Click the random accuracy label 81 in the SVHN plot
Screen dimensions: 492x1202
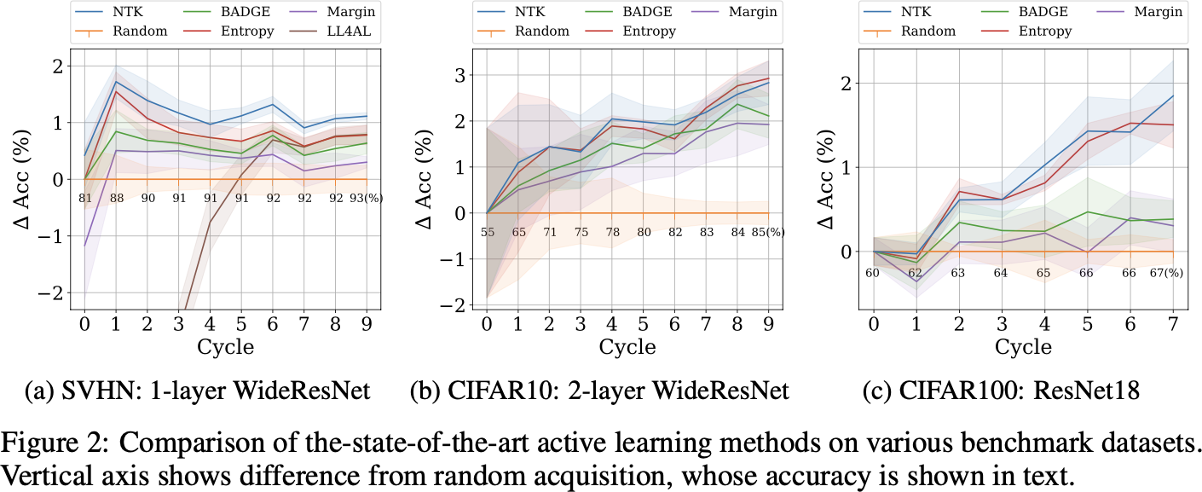pos(85,199)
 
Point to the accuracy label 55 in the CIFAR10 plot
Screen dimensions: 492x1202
pos(488,232)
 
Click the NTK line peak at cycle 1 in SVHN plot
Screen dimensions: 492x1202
pos(116,82)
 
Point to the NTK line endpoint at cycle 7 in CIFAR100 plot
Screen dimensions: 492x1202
pos(1173,96)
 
